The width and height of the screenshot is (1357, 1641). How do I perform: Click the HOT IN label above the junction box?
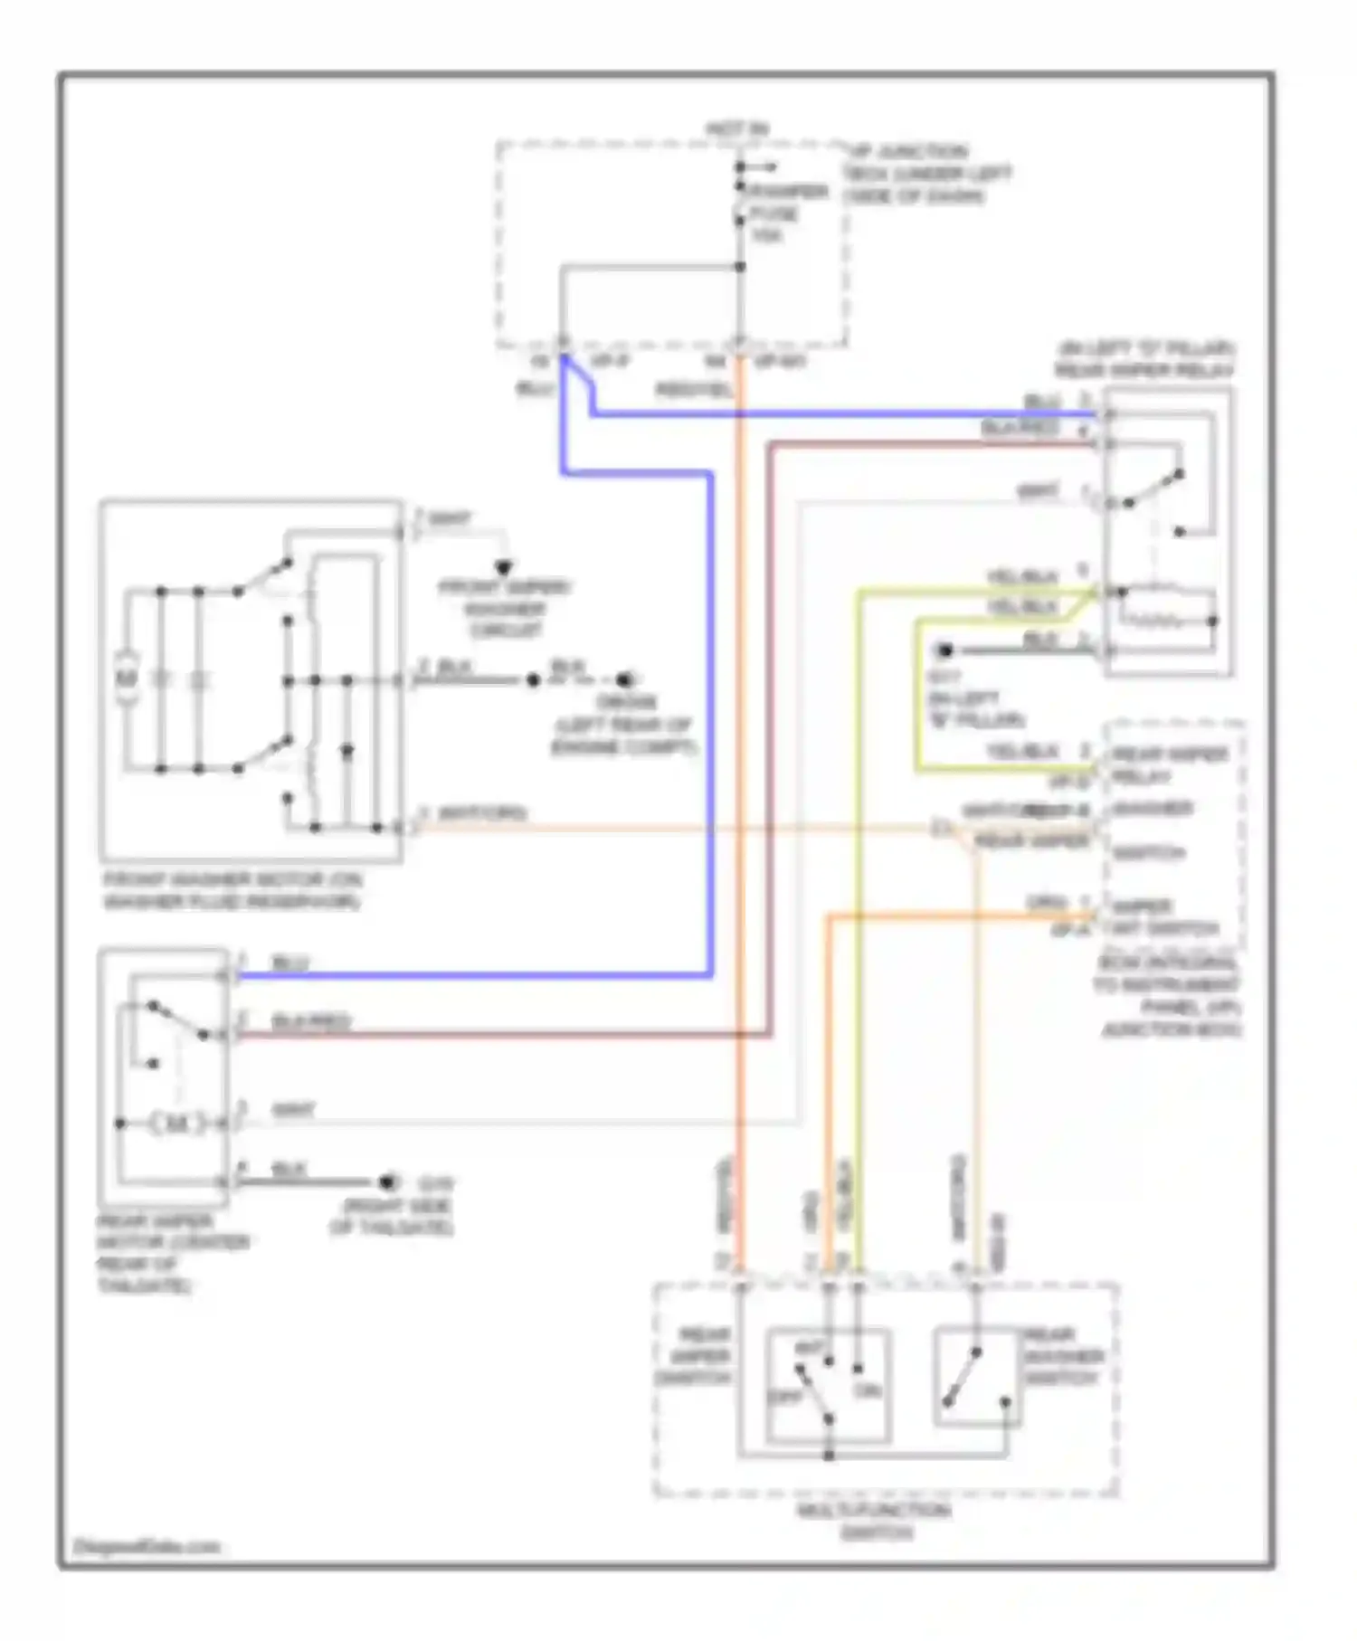[x=737, y=129]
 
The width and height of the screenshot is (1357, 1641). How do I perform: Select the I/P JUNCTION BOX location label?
[x=926, y=174]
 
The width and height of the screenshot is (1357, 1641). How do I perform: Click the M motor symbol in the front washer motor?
[x=127, y=678]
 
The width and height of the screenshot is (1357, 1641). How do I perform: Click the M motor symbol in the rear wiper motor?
[x=178, y=1124]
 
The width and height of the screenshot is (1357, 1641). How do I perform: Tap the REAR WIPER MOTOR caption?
[x=172, y=1253]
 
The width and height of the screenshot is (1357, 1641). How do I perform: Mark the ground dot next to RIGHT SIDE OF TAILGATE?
[x=388, y=1182]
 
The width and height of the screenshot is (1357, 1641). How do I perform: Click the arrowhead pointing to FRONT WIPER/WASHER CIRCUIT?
[x=504, y=568]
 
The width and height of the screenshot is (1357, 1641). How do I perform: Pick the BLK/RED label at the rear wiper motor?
[x=310, y=1021]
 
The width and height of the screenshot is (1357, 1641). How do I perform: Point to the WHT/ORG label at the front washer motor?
[x=481, y=813]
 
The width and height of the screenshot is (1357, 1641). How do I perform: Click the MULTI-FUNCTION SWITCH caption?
[x=875, y=1521]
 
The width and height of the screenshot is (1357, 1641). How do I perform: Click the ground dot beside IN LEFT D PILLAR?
[x=944, y=650]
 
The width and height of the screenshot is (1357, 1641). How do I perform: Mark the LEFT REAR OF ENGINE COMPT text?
[x=623, y=735]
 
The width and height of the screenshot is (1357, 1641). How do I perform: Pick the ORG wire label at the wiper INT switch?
[x=1047, y=903]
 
